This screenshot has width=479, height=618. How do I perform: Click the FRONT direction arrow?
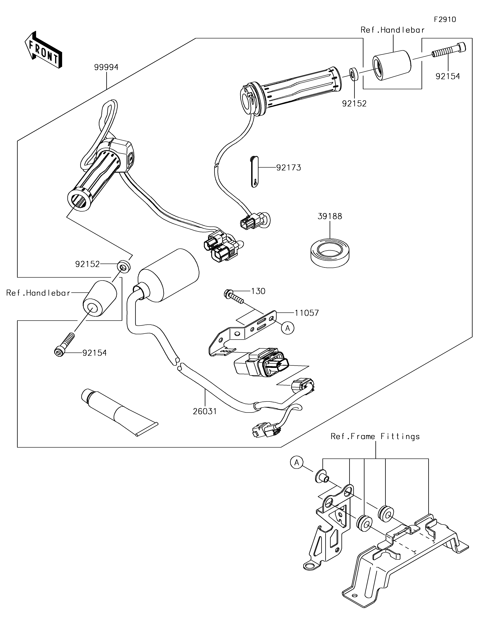[x=43, y=50]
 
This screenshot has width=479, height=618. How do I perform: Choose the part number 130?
[x=258, y=291]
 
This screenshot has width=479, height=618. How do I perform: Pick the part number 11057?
[x=307, y=313]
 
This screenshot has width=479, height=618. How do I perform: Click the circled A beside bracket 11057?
[x=288, y=328]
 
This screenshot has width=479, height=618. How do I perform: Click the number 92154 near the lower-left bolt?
[x=95, y=353]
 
